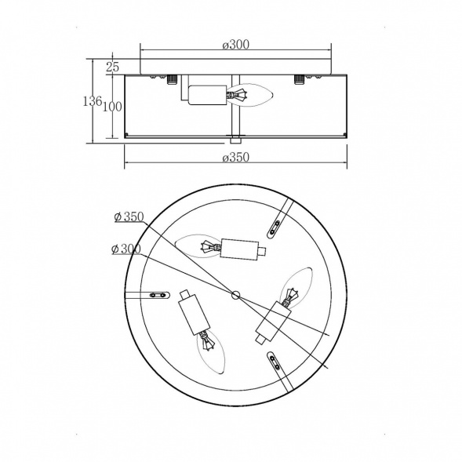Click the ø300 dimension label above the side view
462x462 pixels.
click(236, 45)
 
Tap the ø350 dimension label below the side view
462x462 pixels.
click(236, 158)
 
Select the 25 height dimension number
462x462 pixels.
click(112, 67)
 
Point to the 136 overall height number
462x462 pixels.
click(93, 101)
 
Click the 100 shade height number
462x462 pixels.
click(112, 107)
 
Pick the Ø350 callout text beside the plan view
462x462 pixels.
click(129, 216)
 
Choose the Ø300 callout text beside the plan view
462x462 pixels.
click(126, 249)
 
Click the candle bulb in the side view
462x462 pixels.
click(249, 95)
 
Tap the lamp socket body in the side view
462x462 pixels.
click(207, 95)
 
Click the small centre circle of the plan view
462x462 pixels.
click(235, 295)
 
